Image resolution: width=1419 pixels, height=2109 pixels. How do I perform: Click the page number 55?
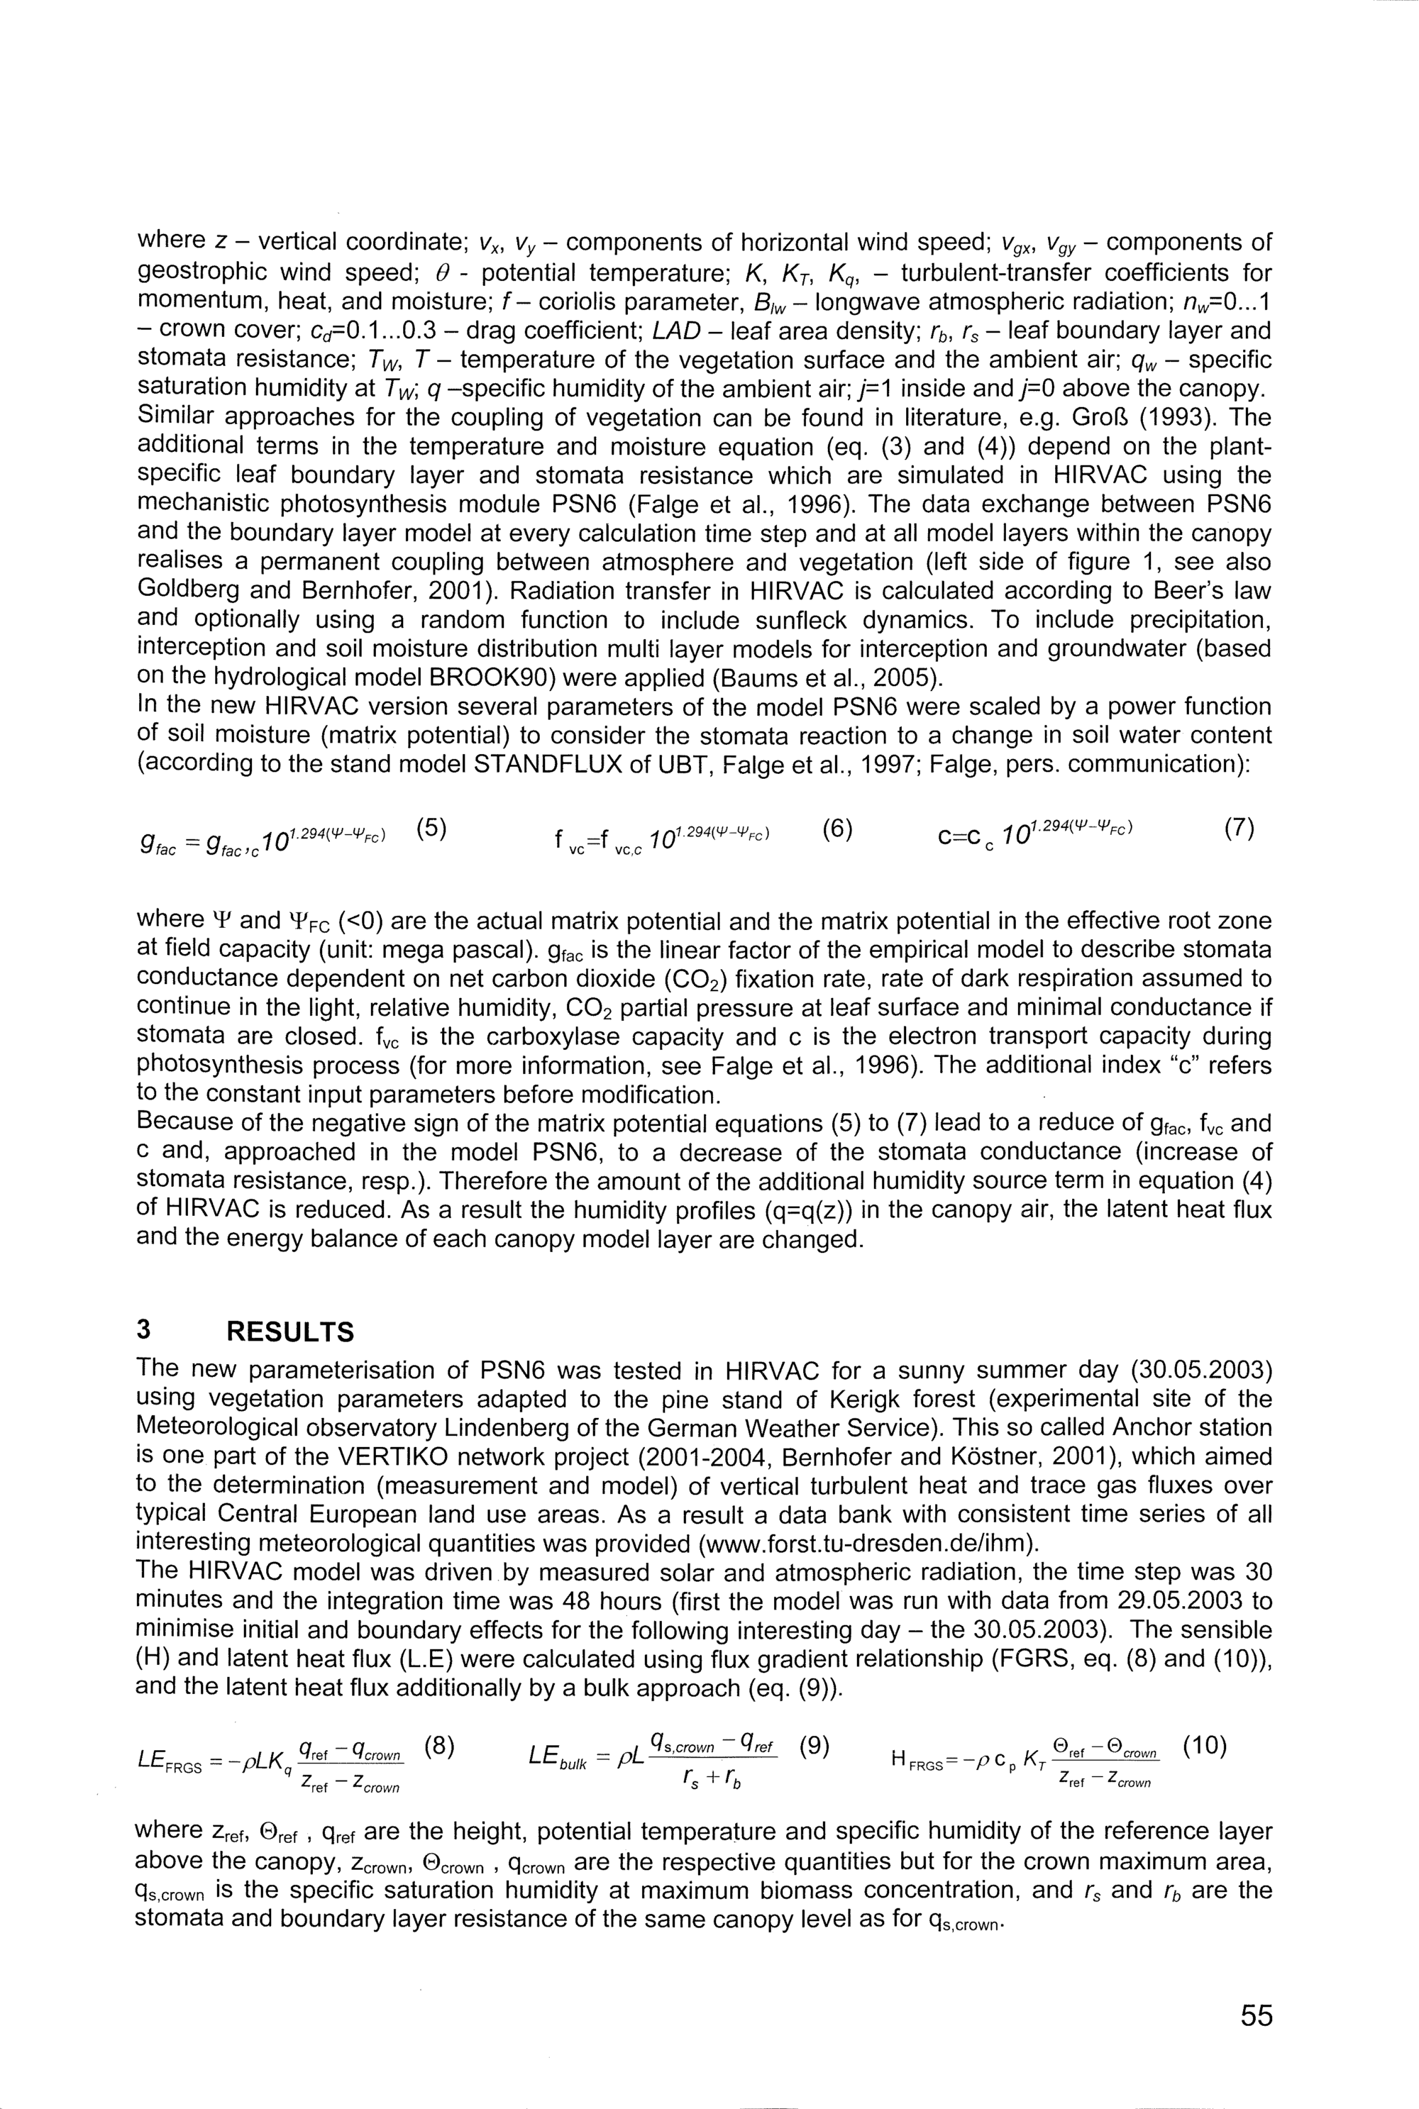[1256, 2015]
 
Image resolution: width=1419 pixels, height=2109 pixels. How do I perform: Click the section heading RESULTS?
[289, 1332]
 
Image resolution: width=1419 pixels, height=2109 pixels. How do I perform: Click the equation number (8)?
[438, 1745]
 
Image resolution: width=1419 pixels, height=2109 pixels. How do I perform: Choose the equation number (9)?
[815, 1745]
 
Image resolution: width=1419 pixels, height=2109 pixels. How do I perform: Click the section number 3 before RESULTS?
[143, 1332]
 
